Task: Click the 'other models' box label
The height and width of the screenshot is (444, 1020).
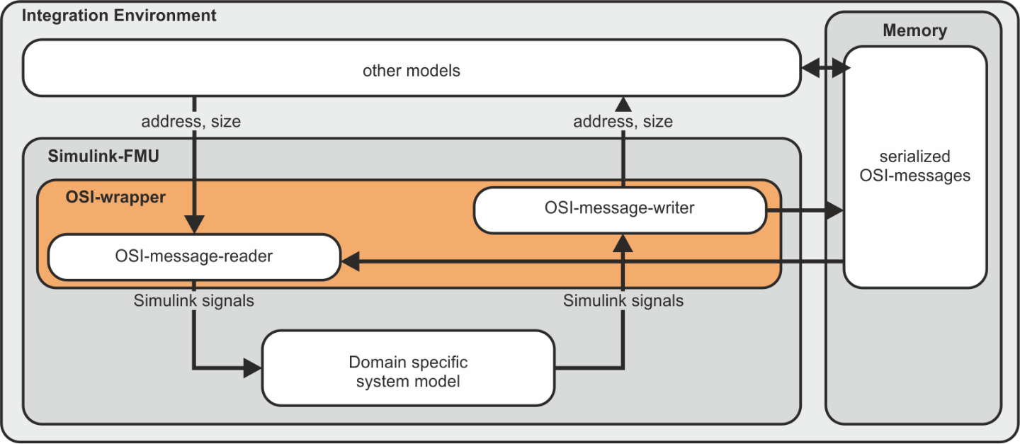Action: [411, 71]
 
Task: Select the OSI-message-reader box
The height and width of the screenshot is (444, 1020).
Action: [194, 257]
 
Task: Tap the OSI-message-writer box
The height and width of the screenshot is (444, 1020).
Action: [620, 210]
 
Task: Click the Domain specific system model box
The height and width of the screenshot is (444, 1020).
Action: [408, 368]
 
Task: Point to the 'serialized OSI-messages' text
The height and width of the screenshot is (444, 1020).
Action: [915, 166]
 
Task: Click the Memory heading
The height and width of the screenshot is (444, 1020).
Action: [915, 30]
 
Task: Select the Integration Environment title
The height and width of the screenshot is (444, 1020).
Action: [119, 16]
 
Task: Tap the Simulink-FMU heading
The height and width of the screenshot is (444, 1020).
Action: [103, 156]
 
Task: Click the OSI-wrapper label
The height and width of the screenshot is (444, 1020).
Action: [115, 197]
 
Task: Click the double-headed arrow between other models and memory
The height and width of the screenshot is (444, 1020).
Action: [825, 68]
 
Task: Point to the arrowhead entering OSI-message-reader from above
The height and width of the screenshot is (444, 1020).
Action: [194, 224]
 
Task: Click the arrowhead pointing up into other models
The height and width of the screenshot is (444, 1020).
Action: [623, 104]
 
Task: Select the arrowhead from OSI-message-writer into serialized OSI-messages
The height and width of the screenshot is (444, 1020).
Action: [834, 210]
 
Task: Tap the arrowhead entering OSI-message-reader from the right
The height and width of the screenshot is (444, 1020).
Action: [350, 261]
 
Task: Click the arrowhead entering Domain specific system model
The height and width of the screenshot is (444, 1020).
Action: [253, 368]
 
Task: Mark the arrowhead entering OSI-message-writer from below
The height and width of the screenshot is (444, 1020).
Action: [623, 243]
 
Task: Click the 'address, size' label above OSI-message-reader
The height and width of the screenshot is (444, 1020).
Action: [191, 122]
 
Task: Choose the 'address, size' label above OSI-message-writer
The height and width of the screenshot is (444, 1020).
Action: [623, 122]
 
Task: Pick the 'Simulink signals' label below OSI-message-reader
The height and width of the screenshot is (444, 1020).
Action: [193, 301]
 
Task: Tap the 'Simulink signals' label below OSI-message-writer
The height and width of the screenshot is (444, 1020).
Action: [623, 301]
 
